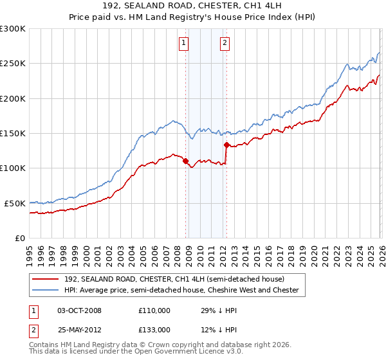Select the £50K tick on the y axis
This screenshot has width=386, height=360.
point(15,203)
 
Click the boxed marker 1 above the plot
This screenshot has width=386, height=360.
point(183,43)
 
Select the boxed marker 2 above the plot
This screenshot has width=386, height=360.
point(225,43)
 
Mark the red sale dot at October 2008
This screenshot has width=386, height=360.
point(185,161)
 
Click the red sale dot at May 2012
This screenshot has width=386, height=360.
point(226,145)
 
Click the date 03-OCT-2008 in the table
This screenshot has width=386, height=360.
point(79,310)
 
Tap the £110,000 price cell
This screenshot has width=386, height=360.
point(154,310)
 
